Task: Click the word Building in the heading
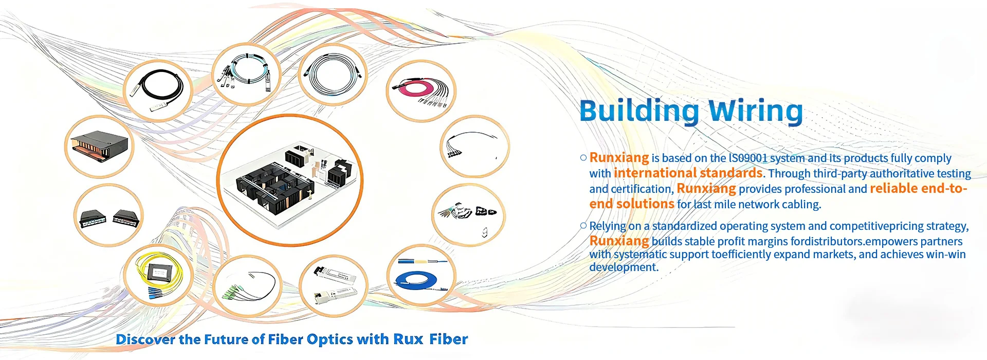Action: pyautogui.click(x=639, y=111)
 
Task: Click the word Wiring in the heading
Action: pyautogui.click(x=755, y=111)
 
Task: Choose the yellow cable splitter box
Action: pyautogui.click(x=157, y=275)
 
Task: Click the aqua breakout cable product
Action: pyautogui.click(x=246, y=74)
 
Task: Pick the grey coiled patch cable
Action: pyautogui.click(x=332, y=75)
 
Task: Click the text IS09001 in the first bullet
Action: pyautogui.click(x=747, y=158)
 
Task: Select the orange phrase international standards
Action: pyautogui.click(x=688, y=173)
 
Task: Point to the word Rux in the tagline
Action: pyautogui.click(x=408, y=339)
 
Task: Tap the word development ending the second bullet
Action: pyautogui.click(x=623, y=267)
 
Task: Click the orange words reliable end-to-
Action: pyautogui.click(x=918, y=188)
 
